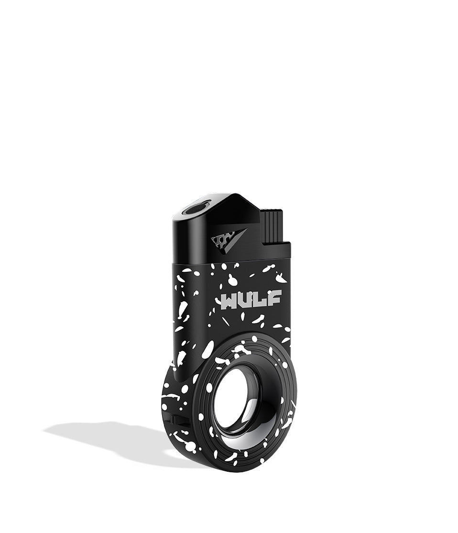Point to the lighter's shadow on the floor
(x=105, y=433)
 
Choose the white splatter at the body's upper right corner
(x=283, y=277)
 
